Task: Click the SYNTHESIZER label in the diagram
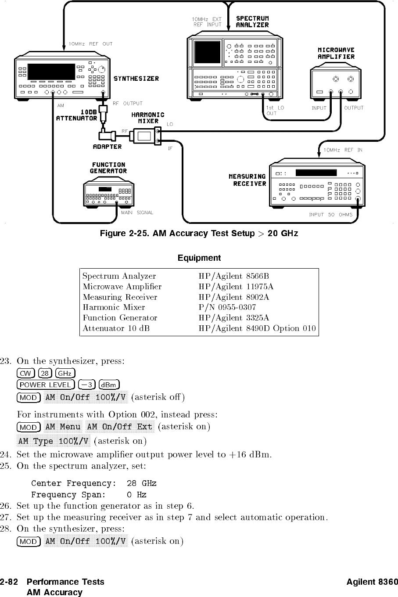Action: tap(136, 79)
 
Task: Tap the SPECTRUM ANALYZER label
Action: tap(252, 22)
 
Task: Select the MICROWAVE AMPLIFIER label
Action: tap(336, 53)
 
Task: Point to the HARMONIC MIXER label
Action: tap(148, 118)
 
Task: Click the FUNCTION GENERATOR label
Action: tap(108, 168)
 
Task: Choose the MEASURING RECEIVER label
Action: tap(247, 180)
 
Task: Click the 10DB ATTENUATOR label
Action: tap(77, 115)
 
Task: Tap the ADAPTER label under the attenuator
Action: tap(107, 147)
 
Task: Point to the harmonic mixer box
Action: tap(144, 135)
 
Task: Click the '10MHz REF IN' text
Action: tap(343, 150)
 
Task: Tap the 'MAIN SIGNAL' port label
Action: tap(137, 213)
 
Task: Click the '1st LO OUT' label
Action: tap(275, 110)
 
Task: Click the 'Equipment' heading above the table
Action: tap(199, 258)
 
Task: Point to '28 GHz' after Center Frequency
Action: tap(141, 483)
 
